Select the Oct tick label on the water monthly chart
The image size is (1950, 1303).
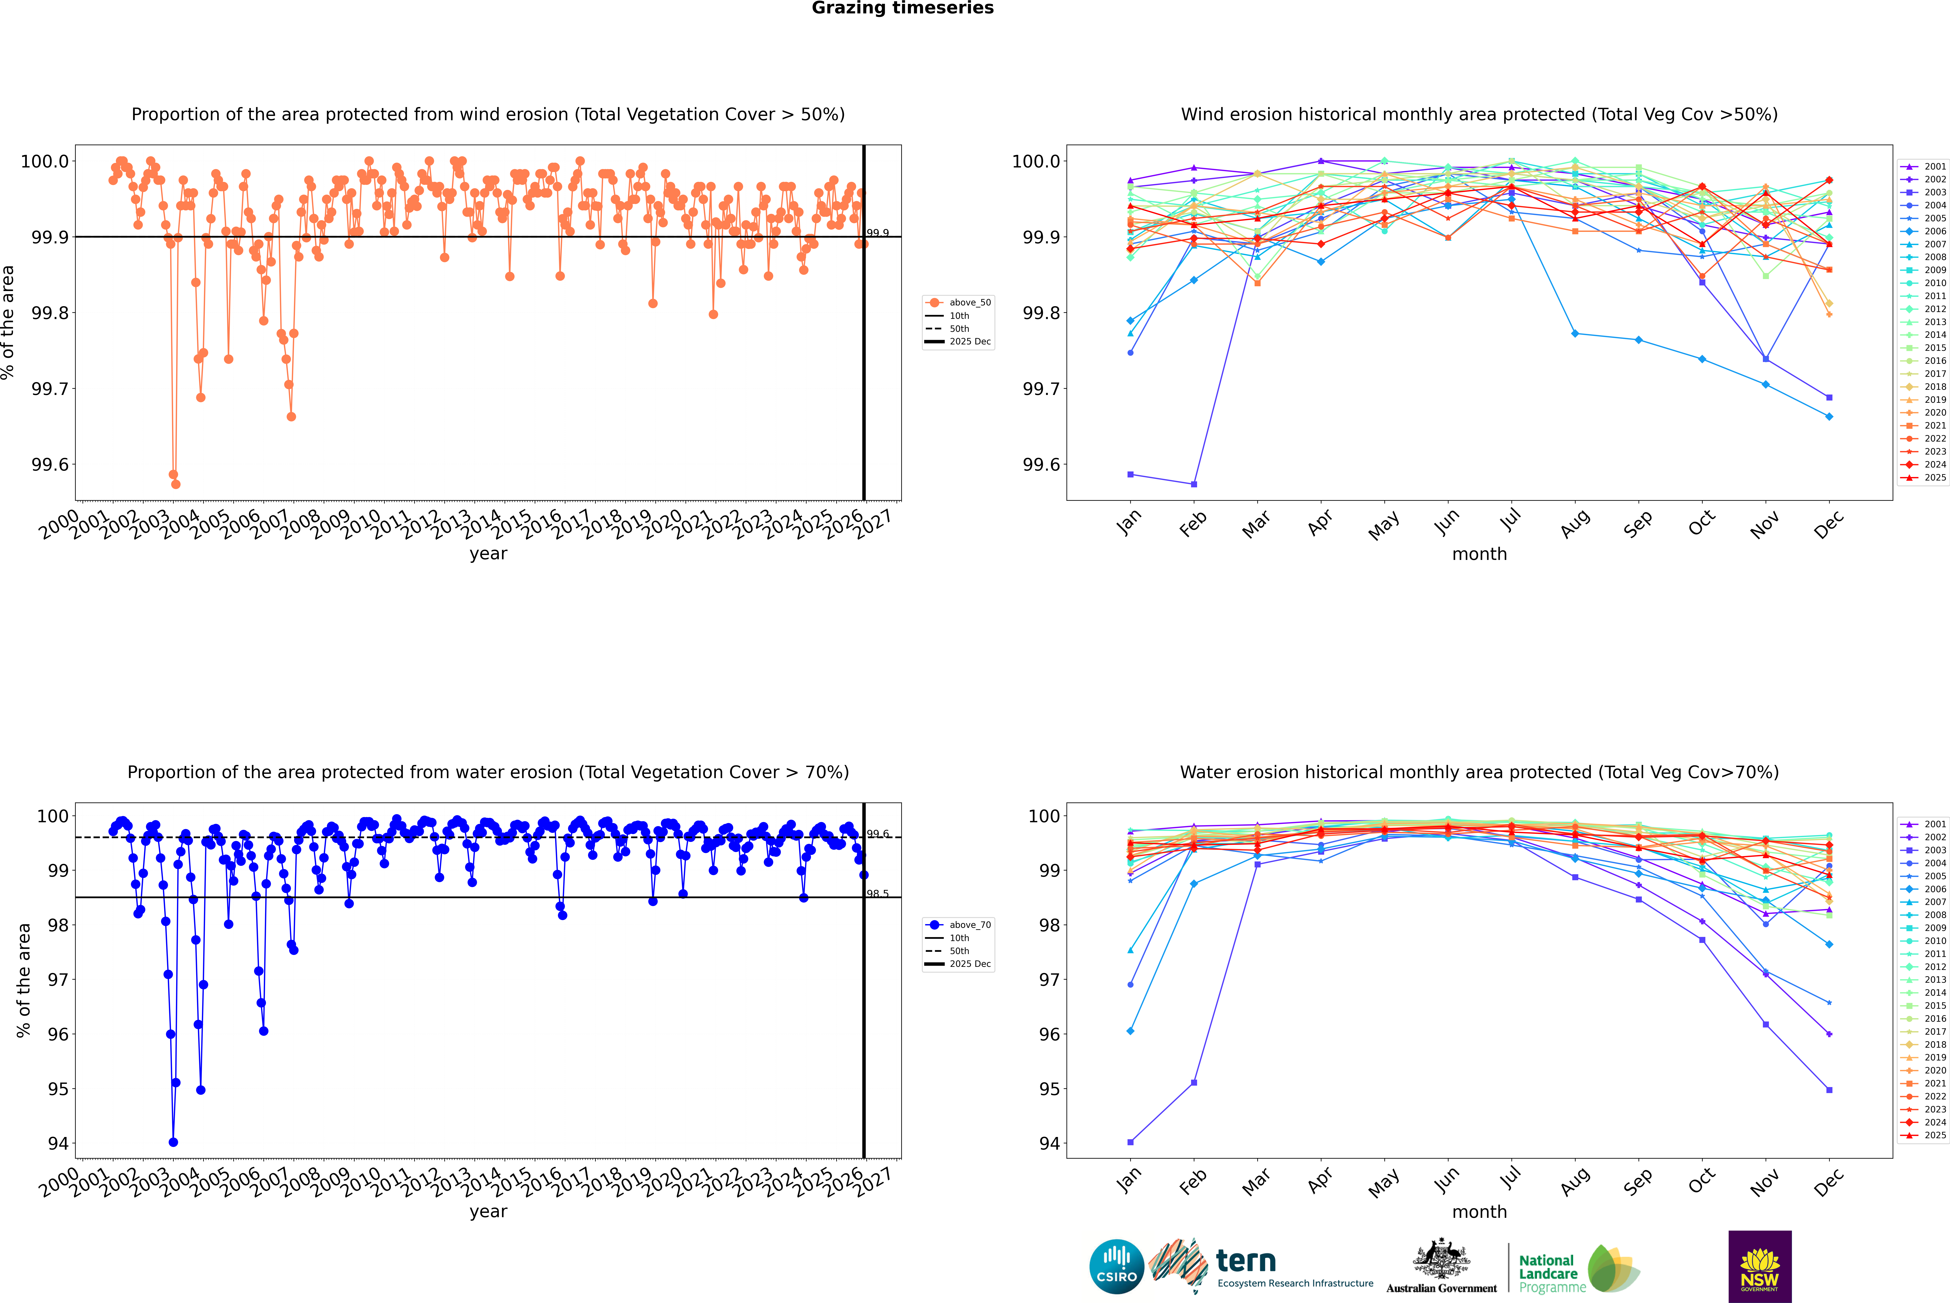(1701, 1179)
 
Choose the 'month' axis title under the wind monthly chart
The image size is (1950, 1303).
(1479, 554)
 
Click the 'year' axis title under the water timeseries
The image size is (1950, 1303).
(488, 1212)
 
